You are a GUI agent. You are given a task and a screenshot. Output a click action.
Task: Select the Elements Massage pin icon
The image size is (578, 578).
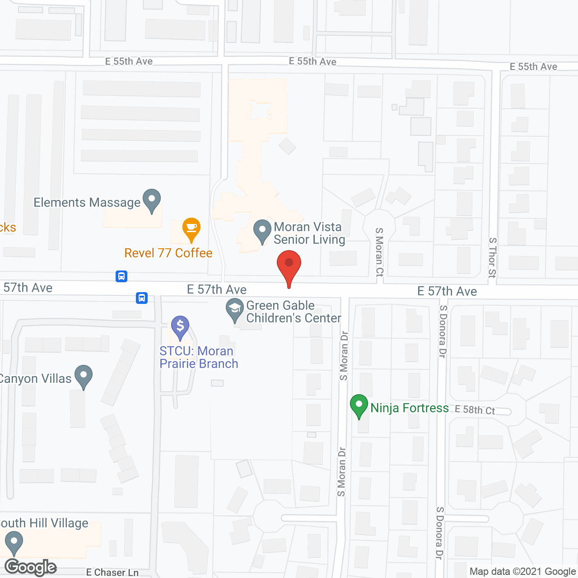tap(152, 200)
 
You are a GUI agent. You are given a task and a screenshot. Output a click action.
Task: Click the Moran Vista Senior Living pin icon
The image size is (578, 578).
tap(262, 231)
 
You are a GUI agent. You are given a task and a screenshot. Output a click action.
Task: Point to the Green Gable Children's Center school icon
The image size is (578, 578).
tap(235, 310)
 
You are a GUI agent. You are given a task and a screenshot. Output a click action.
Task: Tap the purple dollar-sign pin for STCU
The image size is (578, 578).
tap(180, 326)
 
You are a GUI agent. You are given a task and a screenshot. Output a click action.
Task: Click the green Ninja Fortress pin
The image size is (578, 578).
tap(359, 406)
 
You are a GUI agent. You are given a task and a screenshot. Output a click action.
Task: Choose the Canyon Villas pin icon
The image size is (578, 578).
tap(84, 376)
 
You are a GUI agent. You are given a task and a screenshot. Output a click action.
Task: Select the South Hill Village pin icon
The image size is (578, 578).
tap(14, 543)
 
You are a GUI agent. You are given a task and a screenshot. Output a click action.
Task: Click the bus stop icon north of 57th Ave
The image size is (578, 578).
tap(121, 276)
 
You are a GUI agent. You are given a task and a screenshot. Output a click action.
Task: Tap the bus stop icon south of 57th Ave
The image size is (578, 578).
tap(142, 298)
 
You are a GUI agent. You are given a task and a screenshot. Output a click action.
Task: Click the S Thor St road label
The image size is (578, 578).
tap(493, 257)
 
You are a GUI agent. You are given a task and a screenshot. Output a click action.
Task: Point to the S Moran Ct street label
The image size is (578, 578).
tap(379, 252)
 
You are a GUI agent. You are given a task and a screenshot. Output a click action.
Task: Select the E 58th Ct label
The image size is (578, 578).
tap(475, 410)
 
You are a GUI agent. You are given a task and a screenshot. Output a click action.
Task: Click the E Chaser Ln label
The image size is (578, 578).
tap(112, 573)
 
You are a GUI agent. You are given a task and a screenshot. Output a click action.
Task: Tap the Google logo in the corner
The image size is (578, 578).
tap(31, 567)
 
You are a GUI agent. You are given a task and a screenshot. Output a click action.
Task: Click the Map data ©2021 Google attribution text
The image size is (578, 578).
tap(522, 572)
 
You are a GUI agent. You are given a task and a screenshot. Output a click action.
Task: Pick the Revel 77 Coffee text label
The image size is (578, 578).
tap(168, 253)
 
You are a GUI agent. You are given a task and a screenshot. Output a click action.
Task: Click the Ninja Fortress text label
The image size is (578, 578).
tap(410, 408)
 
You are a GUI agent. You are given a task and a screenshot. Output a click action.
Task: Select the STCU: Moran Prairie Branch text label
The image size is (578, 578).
tap(199, 357)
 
